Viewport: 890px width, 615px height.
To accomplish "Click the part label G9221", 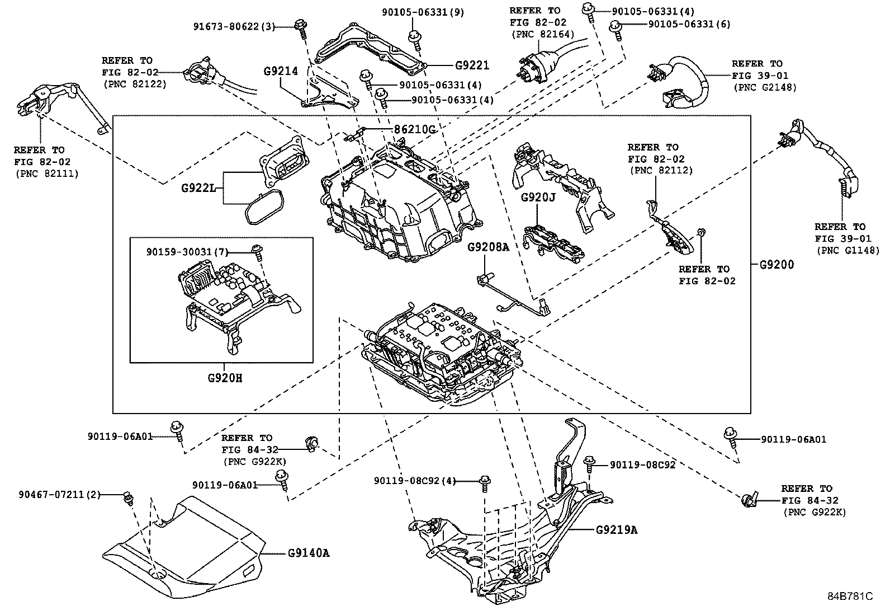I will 472,65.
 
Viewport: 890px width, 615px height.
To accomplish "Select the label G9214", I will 281,71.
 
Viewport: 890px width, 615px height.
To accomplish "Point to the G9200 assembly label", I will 776,264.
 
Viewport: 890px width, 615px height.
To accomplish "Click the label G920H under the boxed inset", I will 225,378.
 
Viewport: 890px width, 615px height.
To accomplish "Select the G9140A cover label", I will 309,553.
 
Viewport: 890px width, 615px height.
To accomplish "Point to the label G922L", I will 198,188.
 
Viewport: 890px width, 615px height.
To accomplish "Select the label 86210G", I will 414,129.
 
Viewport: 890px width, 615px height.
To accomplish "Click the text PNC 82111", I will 46,173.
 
